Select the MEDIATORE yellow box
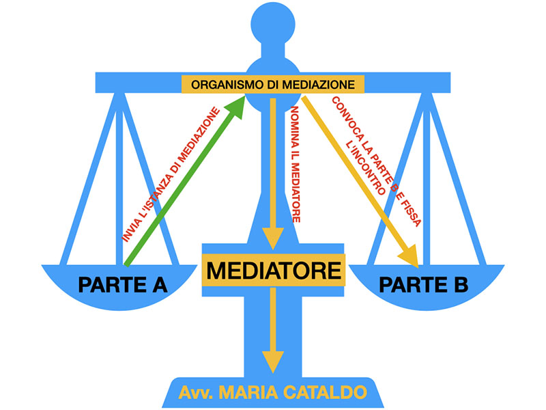(x=273, y=270)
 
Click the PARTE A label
(x=124, y=284)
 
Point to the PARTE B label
(x=424, y=284)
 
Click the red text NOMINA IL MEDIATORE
(x=296, y=164)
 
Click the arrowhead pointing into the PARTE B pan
(x=409, y=258)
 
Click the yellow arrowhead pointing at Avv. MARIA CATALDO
(x=273, y=361)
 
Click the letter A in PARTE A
(x=157, y=284)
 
